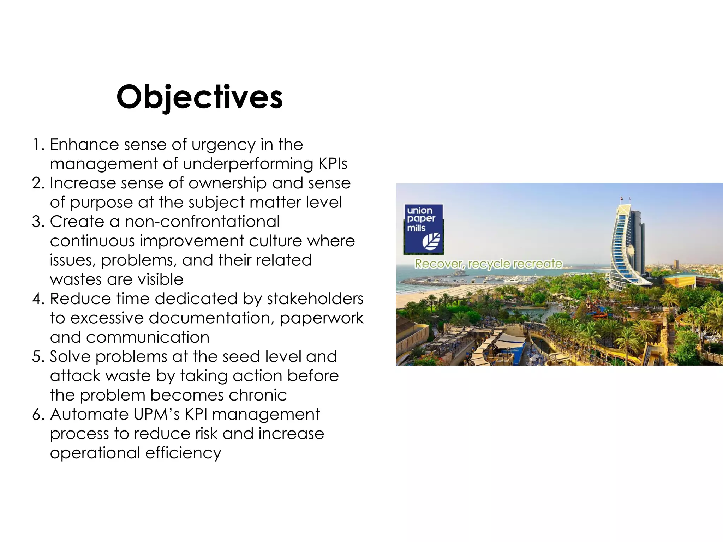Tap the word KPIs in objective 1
333,164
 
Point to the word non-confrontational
202,222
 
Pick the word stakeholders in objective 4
315,299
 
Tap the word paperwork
322,318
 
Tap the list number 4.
37,299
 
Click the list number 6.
37,414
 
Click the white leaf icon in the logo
431,241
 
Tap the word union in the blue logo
419,211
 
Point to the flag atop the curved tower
622,199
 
